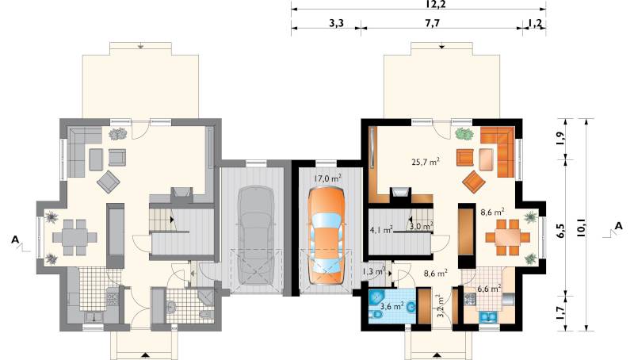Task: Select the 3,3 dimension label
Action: click(x=335, y=23)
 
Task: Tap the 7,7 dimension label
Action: click(x=432, y=23)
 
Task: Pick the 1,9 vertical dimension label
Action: click(x=560, y=139)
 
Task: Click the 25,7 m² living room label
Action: click(x=426, y=163)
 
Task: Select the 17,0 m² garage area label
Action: click(x=328, y=178)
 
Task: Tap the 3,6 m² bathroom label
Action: click(x=391, y=306)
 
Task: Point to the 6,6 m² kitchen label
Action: click(x=489, y=289)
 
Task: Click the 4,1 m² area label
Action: click(x=381, y=230)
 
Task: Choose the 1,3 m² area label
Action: click(x=372, y=272)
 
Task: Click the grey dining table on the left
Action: click(x=74, y=237)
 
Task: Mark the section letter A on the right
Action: click(x=618, y=227)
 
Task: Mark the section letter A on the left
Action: click(x=15, y=239)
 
